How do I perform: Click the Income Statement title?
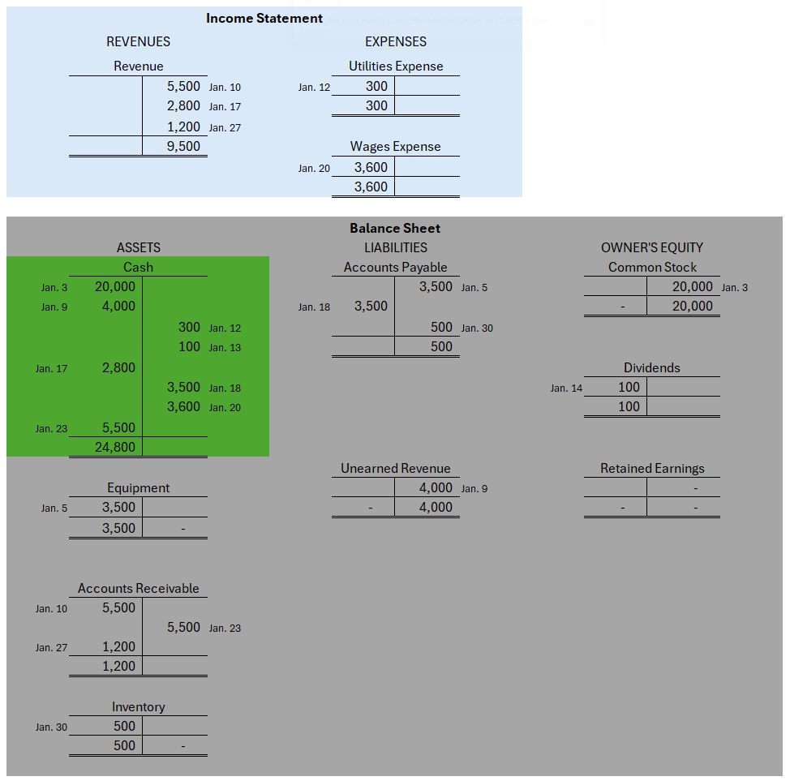tap(264, 18)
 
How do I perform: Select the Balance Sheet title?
tap(395, 228)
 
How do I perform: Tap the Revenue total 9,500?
tap(184, 146)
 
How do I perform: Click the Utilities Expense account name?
tap(396, 66)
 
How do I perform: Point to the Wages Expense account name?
tap(396, 146)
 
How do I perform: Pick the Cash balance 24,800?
tap(115, 447)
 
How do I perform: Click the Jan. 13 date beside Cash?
tap(225, 348)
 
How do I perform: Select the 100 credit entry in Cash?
tap(189, 347)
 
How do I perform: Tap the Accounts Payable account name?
tap(395, 267)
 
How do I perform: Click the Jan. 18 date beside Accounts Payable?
tap(314, 307)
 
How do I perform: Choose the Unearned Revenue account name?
tap(395, 468)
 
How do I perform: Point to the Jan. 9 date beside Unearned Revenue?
tap(474, 489)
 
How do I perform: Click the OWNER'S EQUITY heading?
tap(652, 247)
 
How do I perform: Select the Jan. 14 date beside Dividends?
tap(566, 388)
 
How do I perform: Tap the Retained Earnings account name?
tap(652, 468)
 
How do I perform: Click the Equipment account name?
tap(138, 487)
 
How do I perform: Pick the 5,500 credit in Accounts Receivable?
tap(184, 627)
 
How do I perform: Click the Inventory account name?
tap(138, 706)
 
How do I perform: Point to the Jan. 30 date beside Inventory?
tap(51, 727)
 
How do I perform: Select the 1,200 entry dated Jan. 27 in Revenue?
tap(184, 127)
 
